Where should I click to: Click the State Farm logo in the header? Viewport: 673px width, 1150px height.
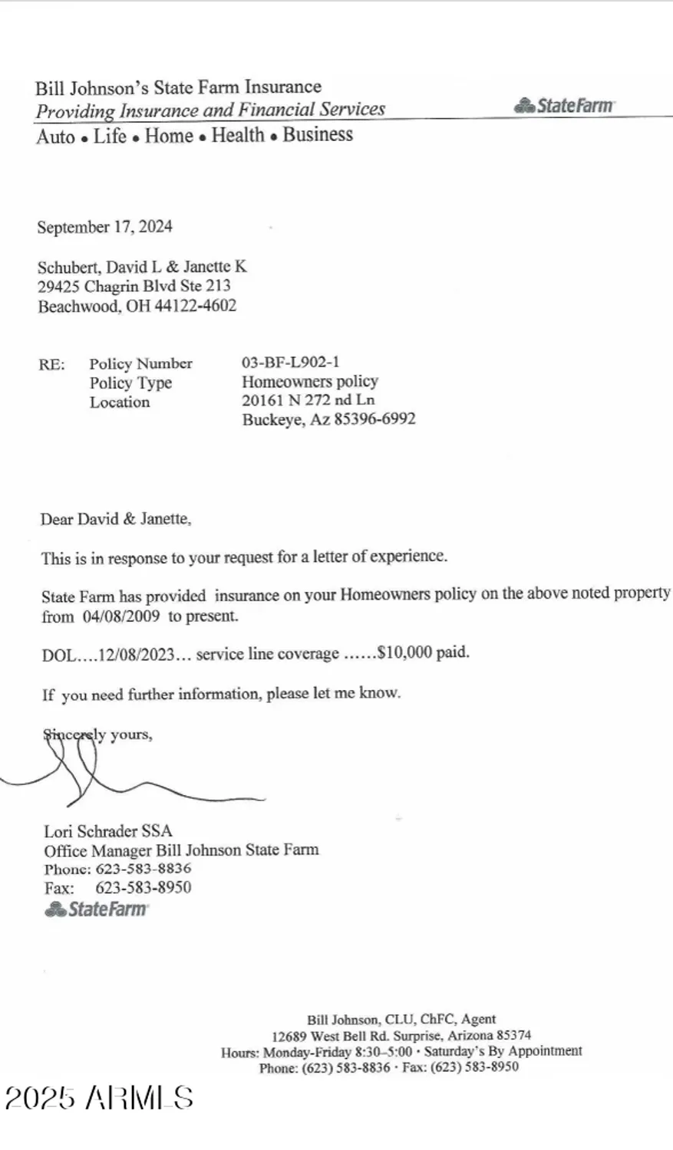pos(564,106)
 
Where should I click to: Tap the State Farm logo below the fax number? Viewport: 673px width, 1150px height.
pos(97,909)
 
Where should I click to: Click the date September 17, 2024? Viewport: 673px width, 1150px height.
pos(104,227)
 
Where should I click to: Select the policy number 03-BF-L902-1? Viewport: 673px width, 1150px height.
pos(290,362)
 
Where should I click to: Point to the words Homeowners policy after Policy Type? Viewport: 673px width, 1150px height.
pos(310,381)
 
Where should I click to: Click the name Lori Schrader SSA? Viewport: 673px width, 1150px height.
pos(107,831)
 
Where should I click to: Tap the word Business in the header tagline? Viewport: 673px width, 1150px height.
pos(318,135)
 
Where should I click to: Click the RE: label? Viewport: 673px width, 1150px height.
pos(51,364)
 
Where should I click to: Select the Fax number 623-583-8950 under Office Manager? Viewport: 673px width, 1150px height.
pos(143,888)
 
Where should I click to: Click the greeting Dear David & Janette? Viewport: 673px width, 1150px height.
pos(116,519)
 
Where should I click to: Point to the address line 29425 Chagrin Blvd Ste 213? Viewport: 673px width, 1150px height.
pos(134,286)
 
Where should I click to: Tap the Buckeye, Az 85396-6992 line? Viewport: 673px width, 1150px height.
pos(328,419)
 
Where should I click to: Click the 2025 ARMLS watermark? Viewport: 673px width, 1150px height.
pos(99,1098)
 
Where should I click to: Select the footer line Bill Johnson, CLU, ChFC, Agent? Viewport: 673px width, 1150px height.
pos(401,1020)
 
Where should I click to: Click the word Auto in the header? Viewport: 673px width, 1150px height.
pos(55,136)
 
